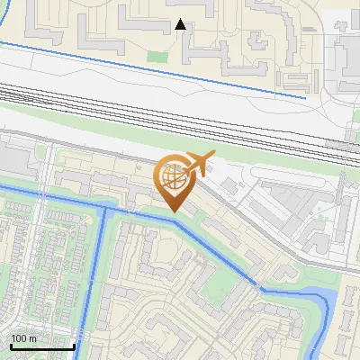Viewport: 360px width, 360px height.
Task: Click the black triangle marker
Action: [x=181, y=24]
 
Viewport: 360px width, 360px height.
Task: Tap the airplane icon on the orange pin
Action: [x=199, y=163]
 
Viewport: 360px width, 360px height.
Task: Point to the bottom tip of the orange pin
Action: [x=174, y=212]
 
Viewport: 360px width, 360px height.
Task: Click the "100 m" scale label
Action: [x=23, y=338]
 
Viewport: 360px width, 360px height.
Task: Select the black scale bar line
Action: [x=41, y=346]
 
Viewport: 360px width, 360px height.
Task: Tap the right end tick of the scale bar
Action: [x=74, y=344]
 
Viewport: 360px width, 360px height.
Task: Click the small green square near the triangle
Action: [x=157, y=57]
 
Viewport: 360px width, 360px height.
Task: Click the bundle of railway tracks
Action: [x=180, y=112]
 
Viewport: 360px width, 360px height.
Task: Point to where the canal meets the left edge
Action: [x=3, y=187]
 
